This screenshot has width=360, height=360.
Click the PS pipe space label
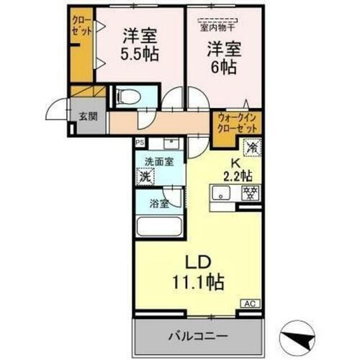[x=139, y=143]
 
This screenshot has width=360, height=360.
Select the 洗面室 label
[x=158, y=161]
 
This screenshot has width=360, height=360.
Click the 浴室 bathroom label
[x=158, y=203]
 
